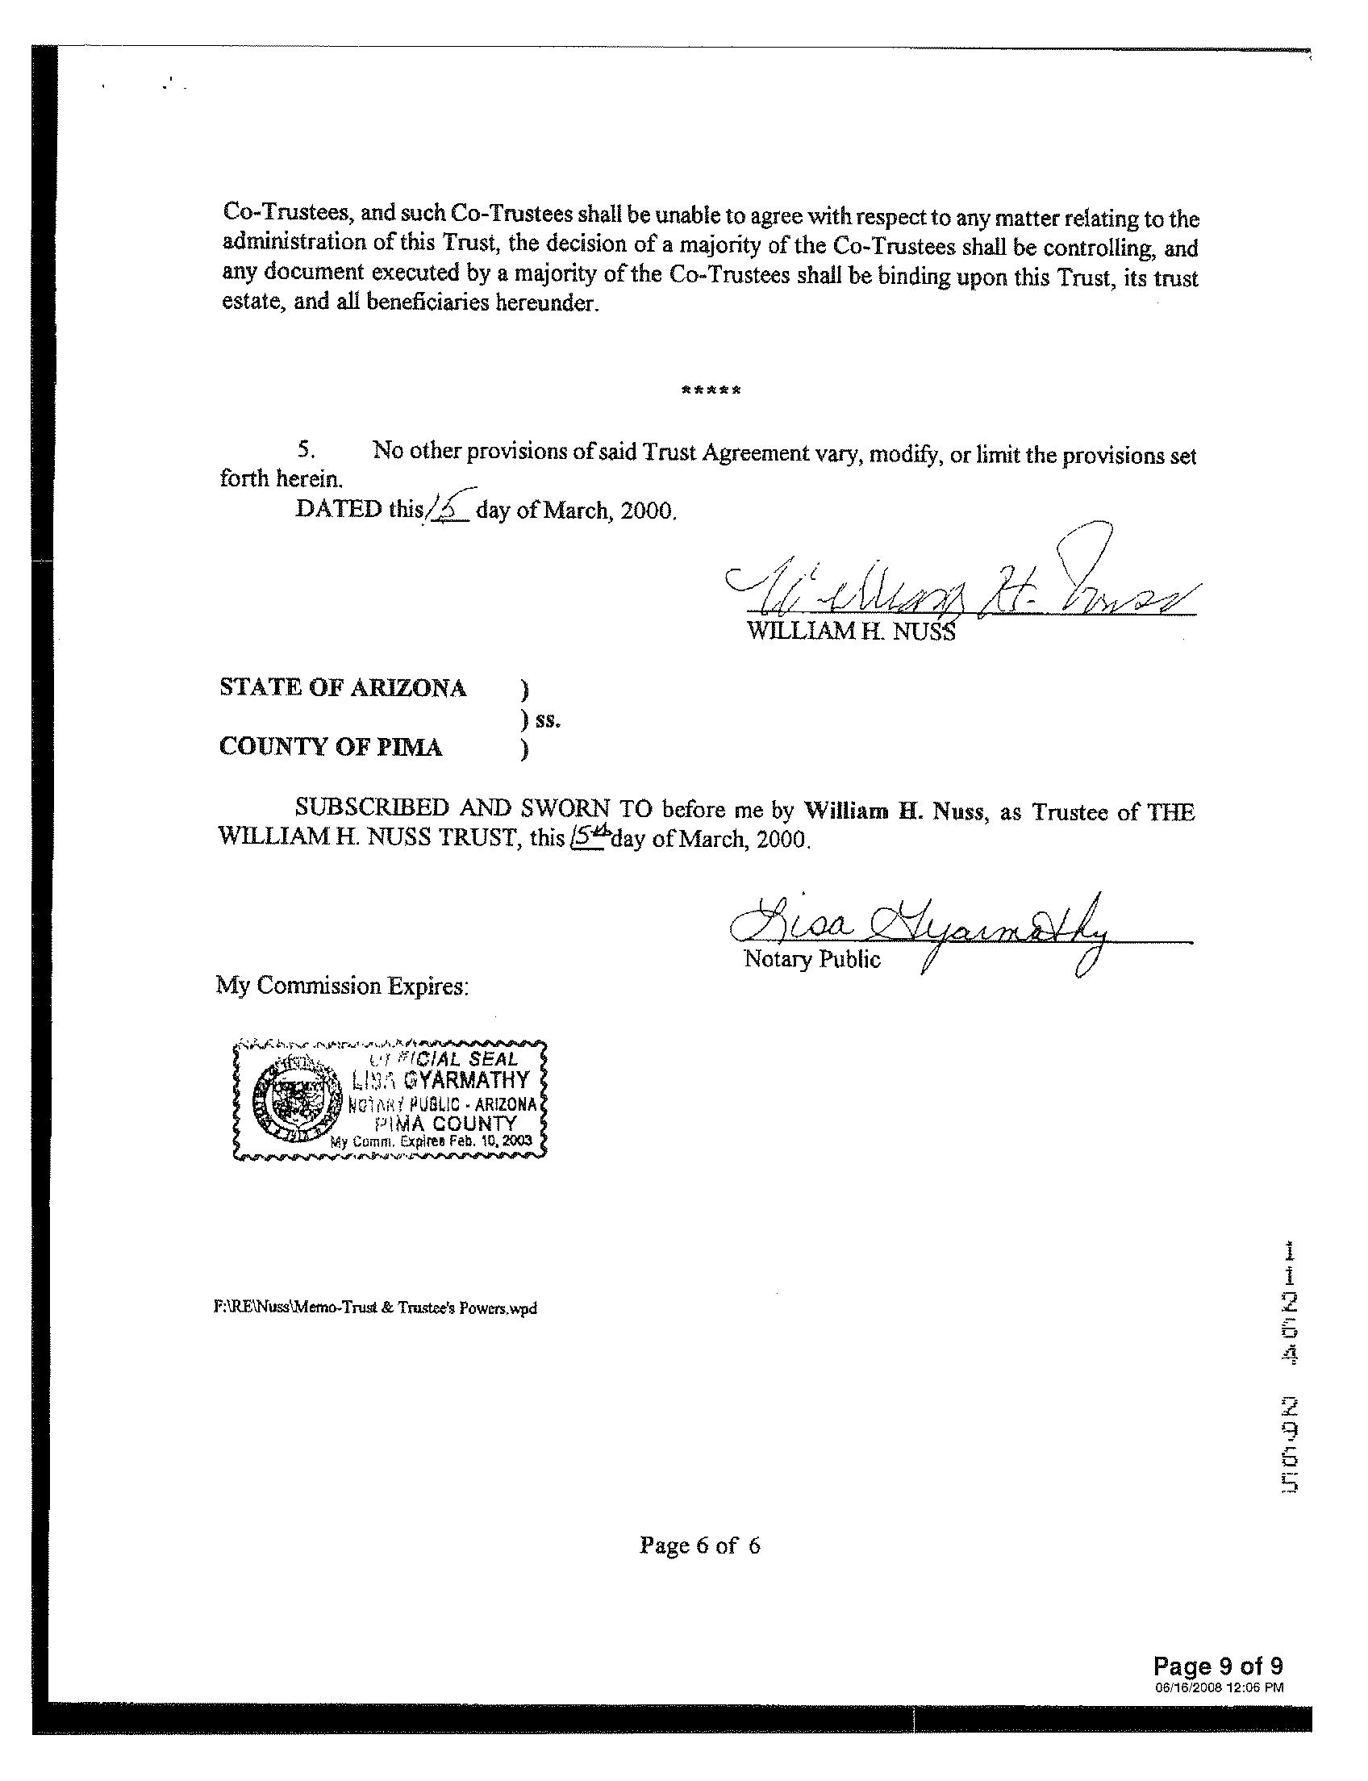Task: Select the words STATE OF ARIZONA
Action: click(343, 688)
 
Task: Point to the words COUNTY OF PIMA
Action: click(331, 748)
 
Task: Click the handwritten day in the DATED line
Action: click(446, 509)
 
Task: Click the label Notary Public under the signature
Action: click(811, 959)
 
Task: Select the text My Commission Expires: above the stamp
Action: click(342, 986)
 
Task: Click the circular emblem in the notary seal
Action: click(290, 1103)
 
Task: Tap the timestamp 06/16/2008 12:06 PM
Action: click(1219, 1687)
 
